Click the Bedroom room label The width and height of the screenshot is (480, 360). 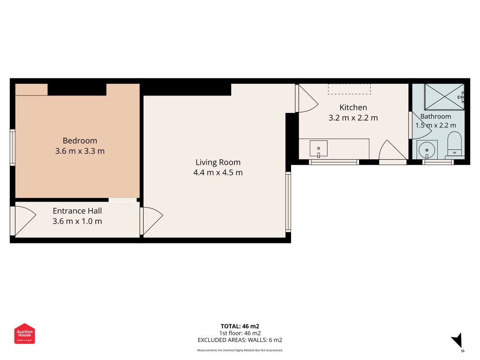[x=80, y=141]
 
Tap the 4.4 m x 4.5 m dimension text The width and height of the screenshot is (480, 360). [x=218, y=173]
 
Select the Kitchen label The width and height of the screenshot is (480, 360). [x=353, y=108]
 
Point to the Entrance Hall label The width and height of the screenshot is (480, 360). [x=77, y=211]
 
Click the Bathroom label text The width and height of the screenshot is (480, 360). [x=435, y=117]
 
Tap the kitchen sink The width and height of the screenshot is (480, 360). [x=319, y=149]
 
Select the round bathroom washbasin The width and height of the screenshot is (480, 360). [x=427, y=150]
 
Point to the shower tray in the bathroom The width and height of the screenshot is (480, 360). [x=444, y=97]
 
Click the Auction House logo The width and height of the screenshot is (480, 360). [x=24, y=333]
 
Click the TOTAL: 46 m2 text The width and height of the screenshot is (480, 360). [x=240, y=326]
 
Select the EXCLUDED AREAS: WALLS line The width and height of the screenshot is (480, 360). [x=240, y=340]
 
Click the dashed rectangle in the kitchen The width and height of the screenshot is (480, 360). [x=349, y=89]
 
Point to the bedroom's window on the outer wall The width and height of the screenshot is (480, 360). [x=13, y=148]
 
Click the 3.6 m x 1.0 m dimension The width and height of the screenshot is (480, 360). [x=77, y=221]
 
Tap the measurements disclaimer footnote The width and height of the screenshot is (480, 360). [x=240, y=350]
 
